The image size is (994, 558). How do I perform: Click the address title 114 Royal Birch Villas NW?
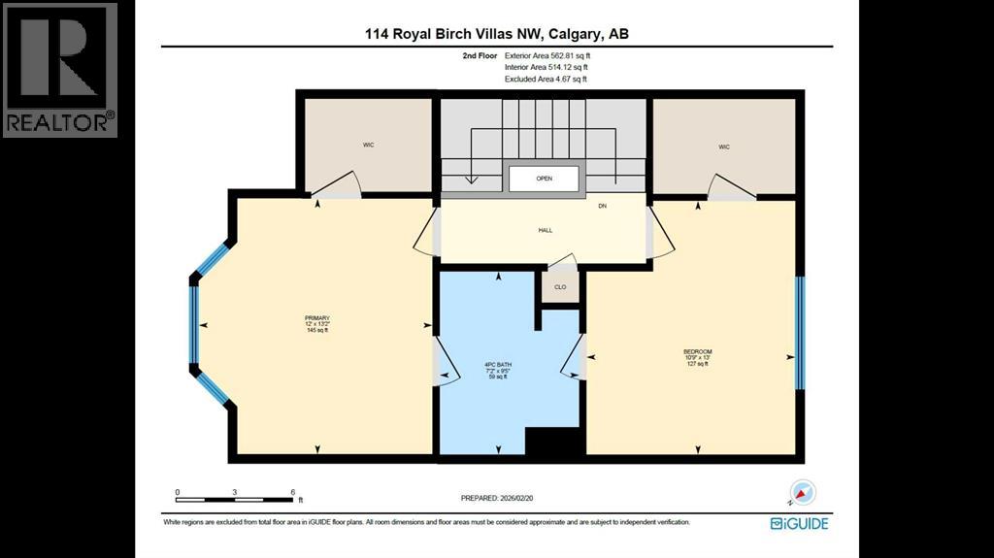coord(496,33)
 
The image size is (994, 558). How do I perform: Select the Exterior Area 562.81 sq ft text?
coord(547,56)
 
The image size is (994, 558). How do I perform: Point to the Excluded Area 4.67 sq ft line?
coord(546,79)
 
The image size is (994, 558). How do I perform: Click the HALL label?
coord(545,230)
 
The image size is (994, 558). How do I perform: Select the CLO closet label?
coord(560,287)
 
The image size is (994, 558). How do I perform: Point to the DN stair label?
coord(602,206)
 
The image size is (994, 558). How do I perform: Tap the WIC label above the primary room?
coord(369,145)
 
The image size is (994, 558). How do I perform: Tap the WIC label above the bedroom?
coord(724,147)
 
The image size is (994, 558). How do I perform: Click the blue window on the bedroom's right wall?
coord(800,333)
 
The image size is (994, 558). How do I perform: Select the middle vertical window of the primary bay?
coord(194,325)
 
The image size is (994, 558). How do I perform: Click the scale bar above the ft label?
coord(235,499)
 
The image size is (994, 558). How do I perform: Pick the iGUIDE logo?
coord(800,523)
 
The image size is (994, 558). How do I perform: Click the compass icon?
coord(804,493)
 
